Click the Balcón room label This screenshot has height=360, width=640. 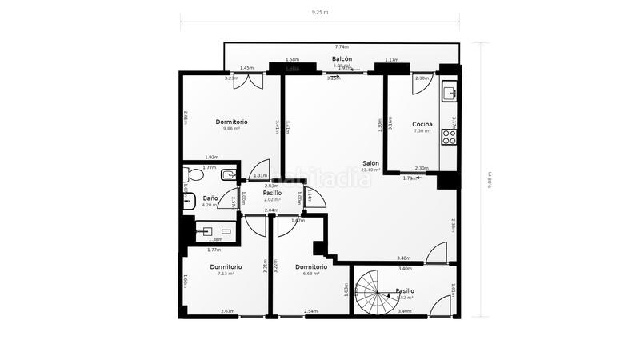(342, 59)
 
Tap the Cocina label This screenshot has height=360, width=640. (422, 124)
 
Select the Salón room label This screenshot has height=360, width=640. (370, 162)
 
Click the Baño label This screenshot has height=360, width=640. (210, 198)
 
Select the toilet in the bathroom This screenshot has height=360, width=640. (192, 174)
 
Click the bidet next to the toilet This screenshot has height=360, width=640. (228, 174)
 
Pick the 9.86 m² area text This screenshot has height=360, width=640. (231, 129)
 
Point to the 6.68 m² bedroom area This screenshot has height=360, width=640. (310, 274)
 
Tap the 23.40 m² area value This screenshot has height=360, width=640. (370, 170)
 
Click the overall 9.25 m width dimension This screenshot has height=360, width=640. (319, 13)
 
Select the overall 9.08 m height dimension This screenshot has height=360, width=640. (489, 180)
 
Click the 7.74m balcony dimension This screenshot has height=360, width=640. (342, 47)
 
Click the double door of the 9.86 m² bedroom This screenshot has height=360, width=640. (245, 81)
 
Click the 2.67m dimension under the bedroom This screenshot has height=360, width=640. (227, 311)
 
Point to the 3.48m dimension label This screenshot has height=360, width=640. (403, 258)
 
